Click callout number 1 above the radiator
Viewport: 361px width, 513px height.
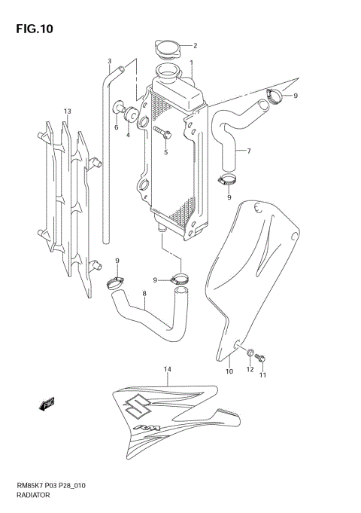(x=191, y=63)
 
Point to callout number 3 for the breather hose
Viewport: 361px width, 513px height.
(x=109, y=62)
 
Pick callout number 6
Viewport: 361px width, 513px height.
(x=117, y=127)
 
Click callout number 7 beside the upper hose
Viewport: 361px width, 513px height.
(x=248, y=151)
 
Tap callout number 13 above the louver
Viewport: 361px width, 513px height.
(x=67, y=111)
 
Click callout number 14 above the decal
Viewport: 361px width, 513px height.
(x=167, y=369)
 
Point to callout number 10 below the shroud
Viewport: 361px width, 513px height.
(x=229, y=371)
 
